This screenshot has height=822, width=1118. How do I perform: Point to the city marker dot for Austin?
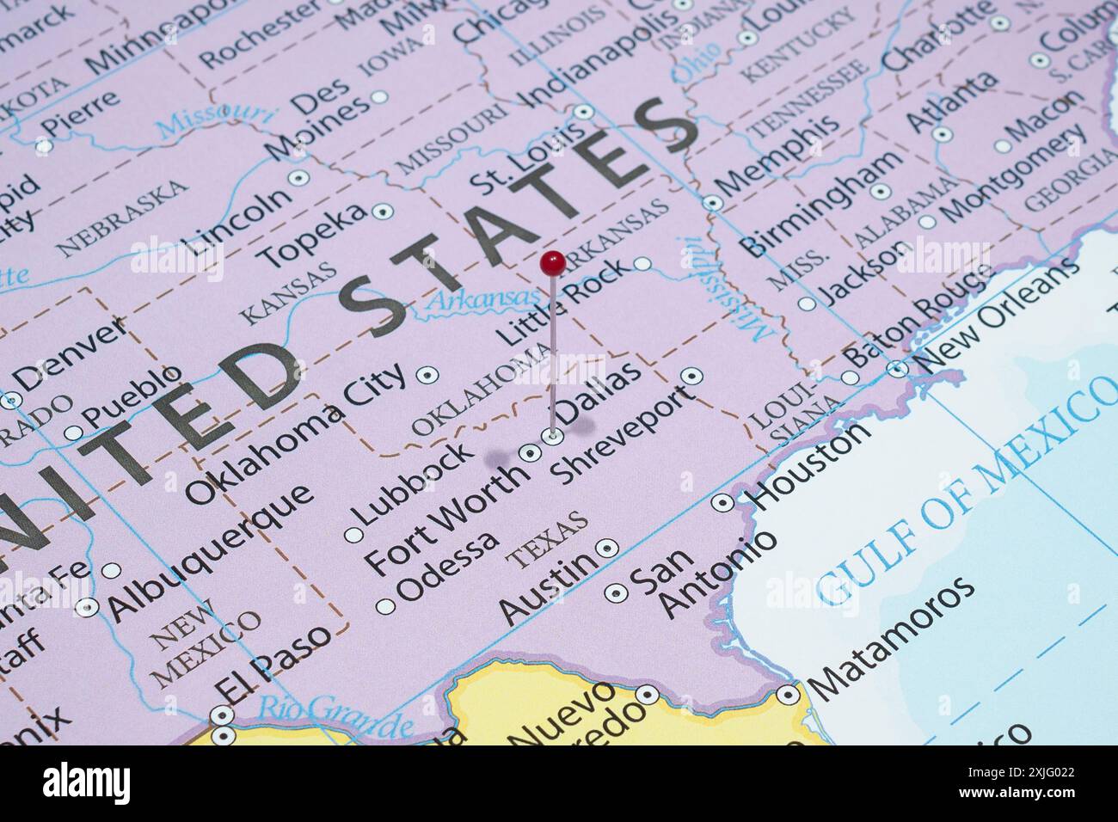[x=607, y=547]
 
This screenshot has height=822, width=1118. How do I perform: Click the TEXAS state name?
[x=547, y=540]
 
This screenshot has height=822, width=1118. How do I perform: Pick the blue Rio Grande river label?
[x=334, y=712]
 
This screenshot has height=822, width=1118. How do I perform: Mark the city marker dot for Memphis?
[x=713, y=203]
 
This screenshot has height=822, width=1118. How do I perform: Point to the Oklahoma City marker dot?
[x=427, y=375]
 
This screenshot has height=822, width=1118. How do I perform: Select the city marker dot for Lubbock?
[x=353, y=535]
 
